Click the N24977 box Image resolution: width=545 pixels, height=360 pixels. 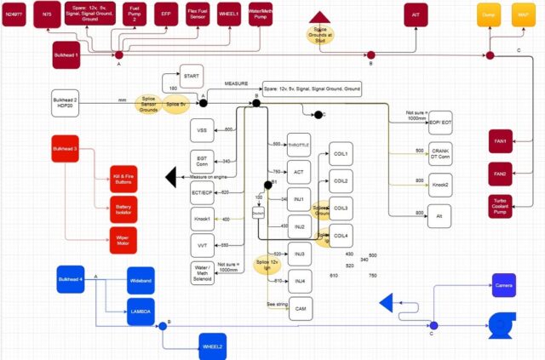(14, 14)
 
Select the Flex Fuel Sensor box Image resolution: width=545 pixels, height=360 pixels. (198, 14)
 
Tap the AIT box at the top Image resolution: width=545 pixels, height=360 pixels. (416, 14)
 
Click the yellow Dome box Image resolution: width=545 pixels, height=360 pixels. (489, 14)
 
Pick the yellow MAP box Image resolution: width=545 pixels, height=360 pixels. (522, 14)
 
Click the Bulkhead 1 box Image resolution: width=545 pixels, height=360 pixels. (66, 54)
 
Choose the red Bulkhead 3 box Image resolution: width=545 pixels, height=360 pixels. (65, 149)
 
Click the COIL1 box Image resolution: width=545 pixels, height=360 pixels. (342, 153)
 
